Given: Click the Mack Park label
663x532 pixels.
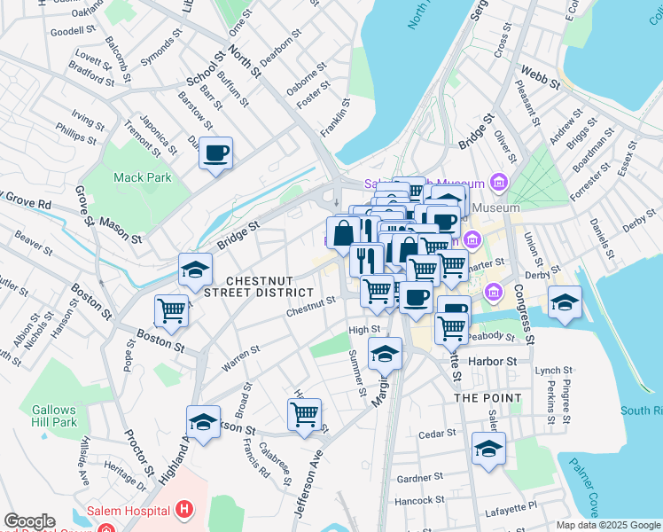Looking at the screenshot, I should pos(142,177).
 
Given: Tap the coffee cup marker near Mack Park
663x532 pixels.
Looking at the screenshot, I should pos(216,154).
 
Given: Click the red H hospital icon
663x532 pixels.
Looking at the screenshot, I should pos(184,510).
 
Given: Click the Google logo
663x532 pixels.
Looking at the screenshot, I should pos(29,521).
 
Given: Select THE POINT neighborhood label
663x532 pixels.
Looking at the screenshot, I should pos(487,398).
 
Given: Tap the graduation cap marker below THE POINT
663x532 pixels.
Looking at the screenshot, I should pos(488,449).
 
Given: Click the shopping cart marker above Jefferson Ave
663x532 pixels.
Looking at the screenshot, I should pos(305,414).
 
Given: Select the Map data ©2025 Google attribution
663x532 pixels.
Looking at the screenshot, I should pos(608,525).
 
